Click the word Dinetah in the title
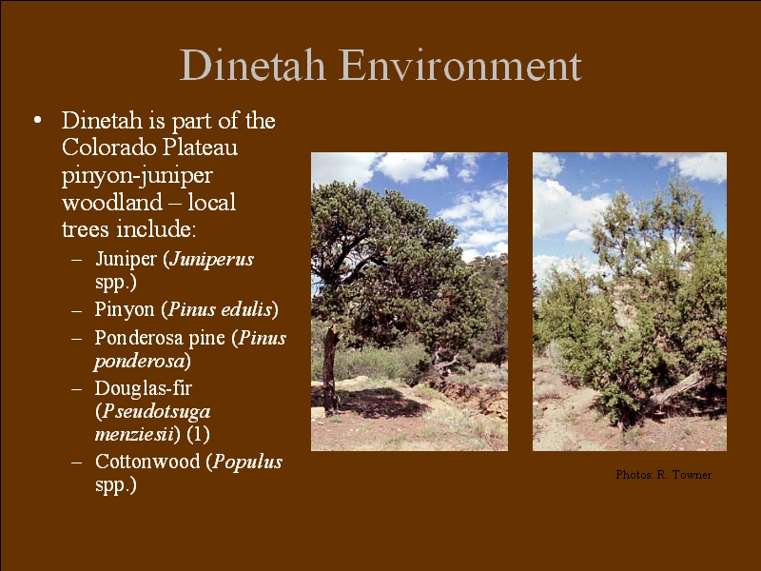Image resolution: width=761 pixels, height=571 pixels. click(x=252, y=65)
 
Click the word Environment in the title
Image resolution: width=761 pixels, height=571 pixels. click(x=460, y=65)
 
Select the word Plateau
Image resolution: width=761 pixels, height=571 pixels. click(x=200, y=148)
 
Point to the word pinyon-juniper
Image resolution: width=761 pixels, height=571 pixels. click(x=137, y=176)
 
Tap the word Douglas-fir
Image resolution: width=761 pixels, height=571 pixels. click(x=144, y=388)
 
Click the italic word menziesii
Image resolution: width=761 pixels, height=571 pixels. click(x=134, y=434)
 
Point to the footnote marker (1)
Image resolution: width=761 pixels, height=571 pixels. click(x=198, y=434)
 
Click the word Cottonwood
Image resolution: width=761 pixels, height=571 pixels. click(x=147, y=462)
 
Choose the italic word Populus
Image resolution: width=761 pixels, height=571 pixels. click(x=247, y=463)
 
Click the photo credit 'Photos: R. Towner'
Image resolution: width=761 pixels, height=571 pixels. click(x=663, y=475)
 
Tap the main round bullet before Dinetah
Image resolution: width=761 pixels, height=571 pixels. click(x=37, y=120)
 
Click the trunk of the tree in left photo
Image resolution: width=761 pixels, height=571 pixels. click(x=330, y=369)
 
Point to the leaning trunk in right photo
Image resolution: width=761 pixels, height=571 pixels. click(x=673, y=391)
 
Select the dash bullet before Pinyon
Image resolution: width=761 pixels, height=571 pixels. click(x=76, y=311)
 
